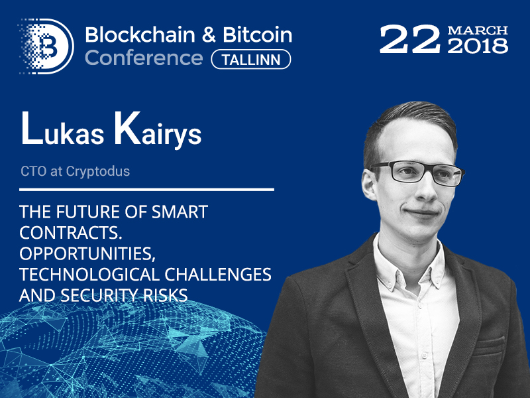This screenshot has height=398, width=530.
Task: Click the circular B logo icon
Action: [x=46, y=46]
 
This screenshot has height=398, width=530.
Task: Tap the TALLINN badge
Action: [x=251, y=60]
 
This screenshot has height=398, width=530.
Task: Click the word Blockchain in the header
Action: [x=140, y=35]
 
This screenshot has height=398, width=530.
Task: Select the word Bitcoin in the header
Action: [x=257, y=35]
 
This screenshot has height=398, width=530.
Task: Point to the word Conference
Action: [x=144, y=58]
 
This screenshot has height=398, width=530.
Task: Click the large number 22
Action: [x=409, y=39]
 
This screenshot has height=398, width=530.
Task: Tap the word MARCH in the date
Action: [x=478, y=31]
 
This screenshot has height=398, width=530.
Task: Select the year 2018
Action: [x=478, y=46]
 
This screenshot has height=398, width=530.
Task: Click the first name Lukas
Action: [x=62, y=130]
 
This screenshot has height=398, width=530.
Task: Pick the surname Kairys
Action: [x=158, y=131]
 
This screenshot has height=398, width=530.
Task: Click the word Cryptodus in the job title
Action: [x=98, y=172]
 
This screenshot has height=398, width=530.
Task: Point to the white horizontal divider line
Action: [x=146, y=190]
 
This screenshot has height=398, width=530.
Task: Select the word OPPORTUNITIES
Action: [x=87, y=254]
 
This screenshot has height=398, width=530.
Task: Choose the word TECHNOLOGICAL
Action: [x=89, y=275]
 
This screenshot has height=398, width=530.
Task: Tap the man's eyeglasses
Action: [x=418, y=172]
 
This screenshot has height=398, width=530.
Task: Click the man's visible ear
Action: [x=370, y=184]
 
